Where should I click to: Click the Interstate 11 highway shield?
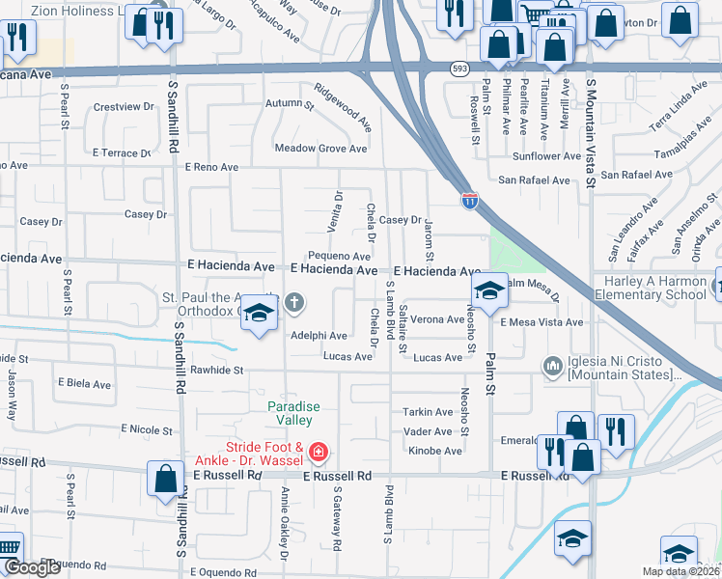[469, 200]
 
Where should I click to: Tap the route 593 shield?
[459, 69]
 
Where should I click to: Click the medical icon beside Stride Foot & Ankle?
[319, 452]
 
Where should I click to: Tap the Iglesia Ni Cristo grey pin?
[553, 365]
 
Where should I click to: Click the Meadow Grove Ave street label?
[320, 149]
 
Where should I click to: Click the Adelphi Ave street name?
[319, 336]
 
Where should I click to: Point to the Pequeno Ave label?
[340, 256]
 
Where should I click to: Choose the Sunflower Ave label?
[546, 156]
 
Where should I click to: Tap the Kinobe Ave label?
[434, 451]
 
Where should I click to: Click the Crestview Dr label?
[125, 106]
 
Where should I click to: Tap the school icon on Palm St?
[489, 289]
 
